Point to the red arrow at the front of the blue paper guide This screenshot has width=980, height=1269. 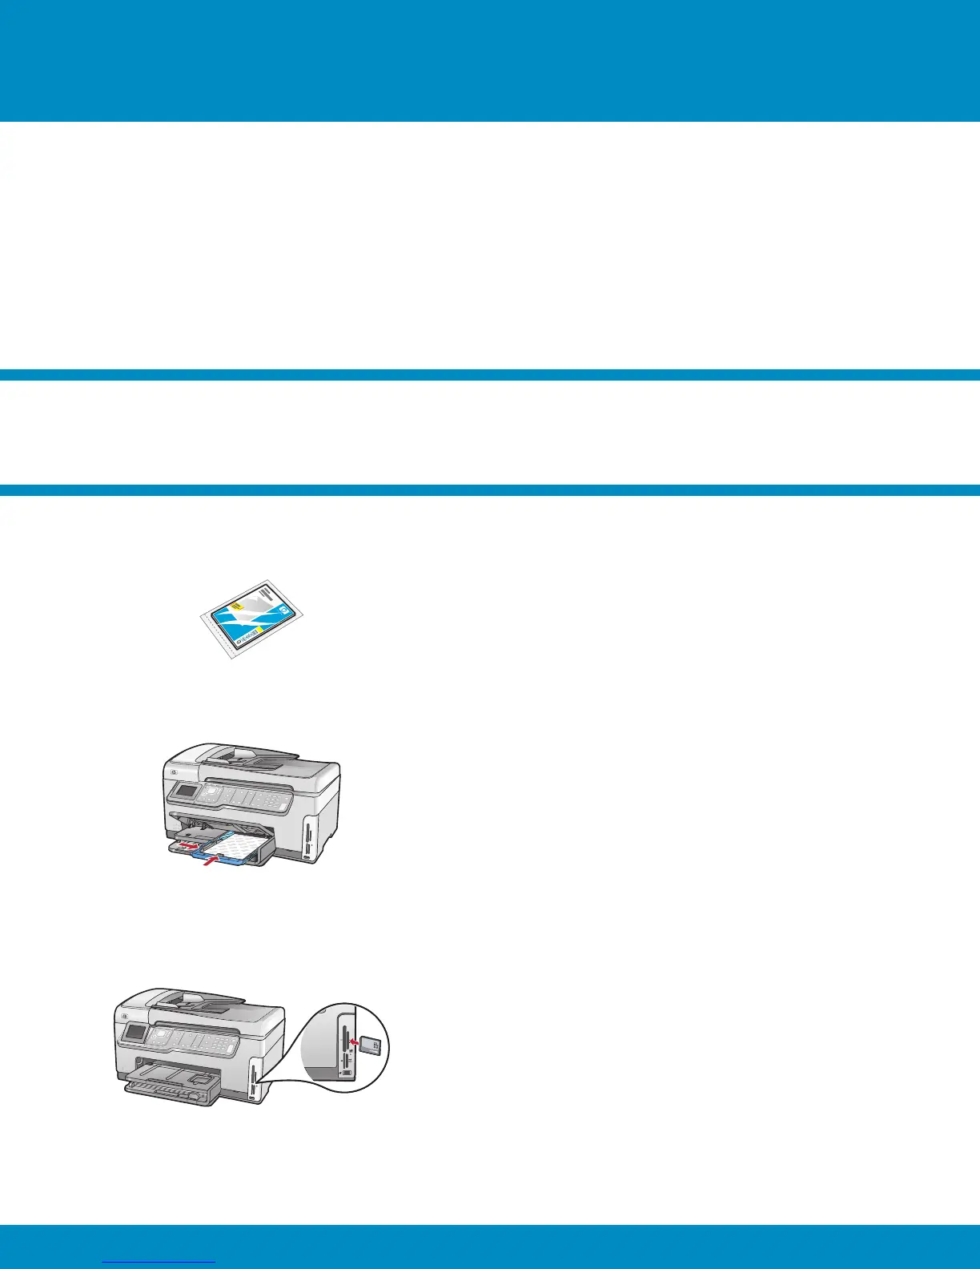coord(210,861)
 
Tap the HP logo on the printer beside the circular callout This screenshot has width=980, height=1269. coord(121,1012)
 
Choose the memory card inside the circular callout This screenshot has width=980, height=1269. coord(371,1045)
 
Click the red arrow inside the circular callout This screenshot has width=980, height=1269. coord(353,1043)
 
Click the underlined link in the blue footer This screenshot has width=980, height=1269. coord(160,1260)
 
